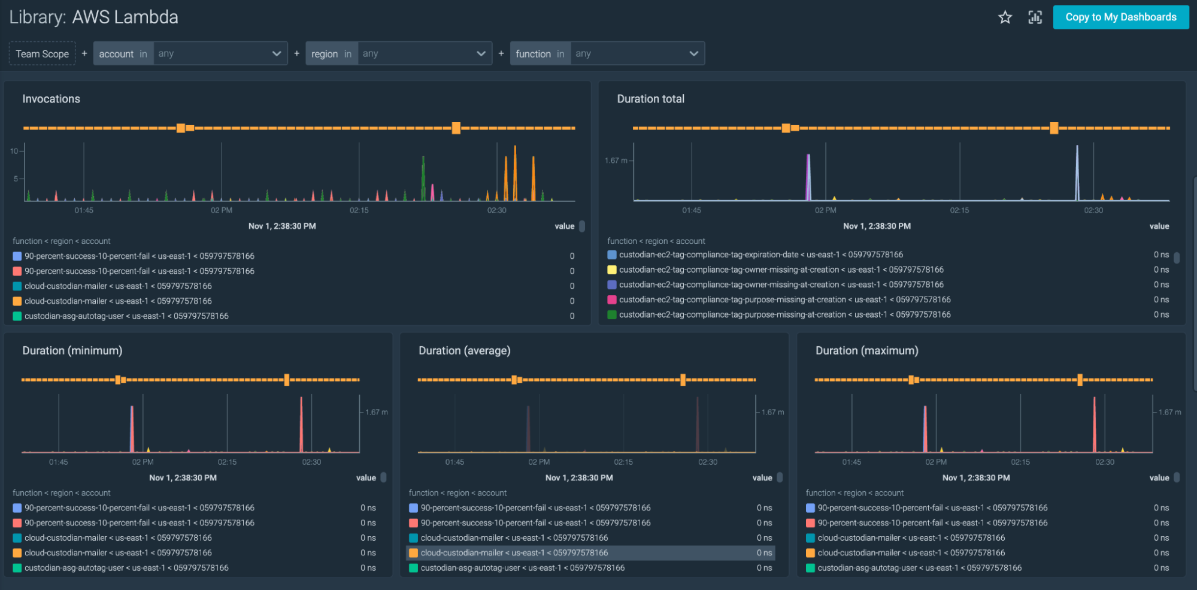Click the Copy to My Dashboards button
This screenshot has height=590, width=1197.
1120,17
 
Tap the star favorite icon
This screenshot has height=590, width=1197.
1005,17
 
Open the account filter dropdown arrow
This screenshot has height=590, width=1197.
276,53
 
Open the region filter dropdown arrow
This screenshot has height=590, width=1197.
481,53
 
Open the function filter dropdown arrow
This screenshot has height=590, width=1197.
693,53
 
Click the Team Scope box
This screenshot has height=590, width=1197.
42,53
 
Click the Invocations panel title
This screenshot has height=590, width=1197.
51,99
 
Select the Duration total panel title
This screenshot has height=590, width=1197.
650,99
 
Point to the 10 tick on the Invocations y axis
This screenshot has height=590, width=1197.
14,151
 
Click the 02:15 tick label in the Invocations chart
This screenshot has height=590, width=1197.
359,210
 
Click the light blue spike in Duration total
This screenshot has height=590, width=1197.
1077,174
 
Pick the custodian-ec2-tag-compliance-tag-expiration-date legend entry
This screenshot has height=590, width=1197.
760,255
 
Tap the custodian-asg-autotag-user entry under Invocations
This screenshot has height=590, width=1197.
126,316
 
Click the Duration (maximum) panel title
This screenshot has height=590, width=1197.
866,350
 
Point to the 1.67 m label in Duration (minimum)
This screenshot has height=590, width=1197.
377,412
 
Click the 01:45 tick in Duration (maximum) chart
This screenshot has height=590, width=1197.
851,462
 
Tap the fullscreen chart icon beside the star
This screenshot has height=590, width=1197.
1035,17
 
